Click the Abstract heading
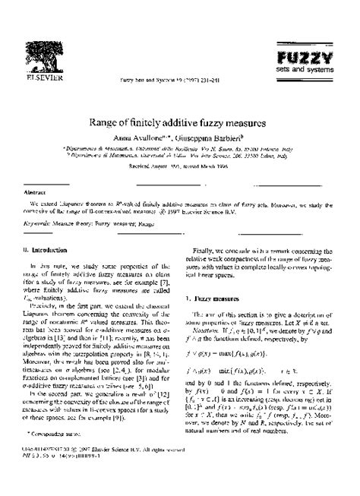point(36,192)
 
